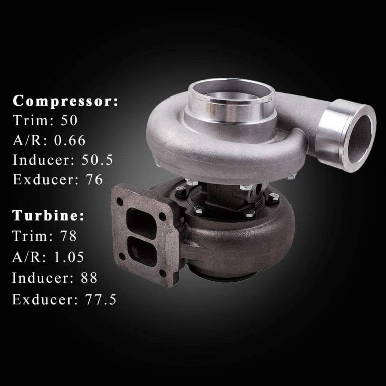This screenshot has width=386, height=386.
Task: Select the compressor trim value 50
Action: [69, 120]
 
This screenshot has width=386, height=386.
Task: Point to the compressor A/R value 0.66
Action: [70, 140]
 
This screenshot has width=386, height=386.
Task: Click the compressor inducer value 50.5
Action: [97, 160]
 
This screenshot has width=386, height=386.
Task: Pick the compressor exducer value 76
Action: [94, 179]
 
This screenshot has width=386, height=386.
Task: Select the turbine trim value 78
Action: [69, 236]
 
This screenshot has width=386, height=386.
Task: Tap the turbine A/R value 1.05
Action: [69, 257]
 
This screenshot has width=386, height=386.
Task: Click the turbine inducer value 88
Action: [89, 278]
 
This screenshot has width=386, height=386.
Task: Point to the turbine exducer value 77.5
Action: [101, 299]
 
